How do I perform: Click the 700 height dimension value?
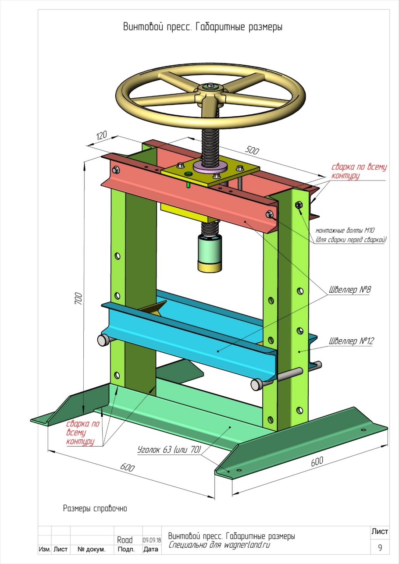(78, 298)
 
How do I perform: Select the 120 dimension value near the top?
(102, 135)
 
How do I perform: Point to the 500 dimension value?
(252, 150)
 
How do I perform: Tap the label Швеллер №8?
(349, 290)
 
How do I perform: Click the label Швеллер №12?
(351, 341)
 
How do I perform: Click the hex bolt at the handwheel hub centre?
(210, 86)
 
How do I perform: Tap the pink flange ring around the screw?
(210, 167)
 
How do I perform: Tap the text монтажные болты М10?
(345, 230)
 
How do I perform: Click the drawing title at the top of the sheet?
(203, 27)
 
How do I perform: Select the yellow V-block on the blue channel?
(153, 308)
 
